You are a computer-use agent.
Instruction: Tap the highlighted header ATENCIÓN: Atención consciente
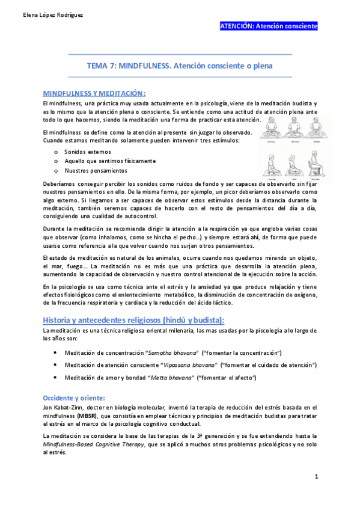point(269,26)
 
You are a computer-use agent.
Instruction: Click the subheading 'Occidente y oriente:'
point(73,398)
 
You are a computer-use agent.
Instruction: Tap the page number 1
point(316,476)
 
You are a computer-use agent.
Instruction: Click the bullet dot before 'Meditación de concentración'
point(55,352)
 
